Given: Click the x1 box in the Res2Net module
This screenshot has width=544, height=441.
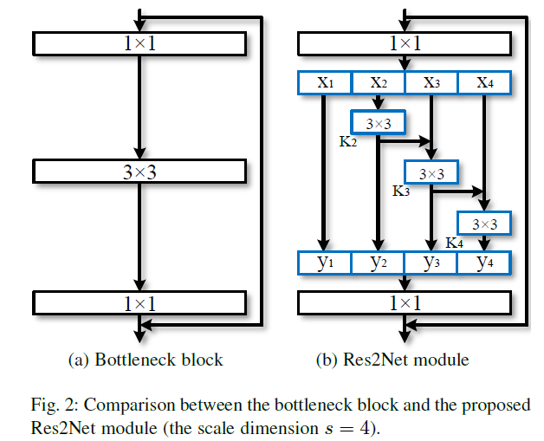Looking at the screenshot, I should pos(324,82).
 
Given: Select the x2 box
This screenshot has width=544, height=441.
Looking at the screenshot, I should pos(378,82).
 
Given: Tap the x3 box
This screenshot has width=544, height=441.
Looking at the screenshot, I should pos(431,82).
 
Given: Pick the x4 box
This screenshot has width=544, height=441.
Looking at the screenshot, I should pos(485,82).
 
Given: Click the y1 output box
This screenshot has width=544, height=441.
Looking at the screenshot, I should pos(324,263).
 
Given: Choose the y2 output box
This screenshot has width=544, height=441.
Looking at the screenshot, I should pos(378,263).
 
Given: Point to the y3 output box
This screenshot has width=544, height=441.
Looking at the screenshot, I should pos(431,263).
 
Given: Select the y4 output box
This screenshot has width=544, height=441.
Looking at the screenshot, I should pos(485,263).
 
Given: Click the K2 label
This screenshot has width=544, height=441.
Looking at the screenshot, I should pos(348,141).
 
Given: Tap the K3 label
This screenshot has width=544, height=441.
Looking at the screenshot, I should pos(401,191).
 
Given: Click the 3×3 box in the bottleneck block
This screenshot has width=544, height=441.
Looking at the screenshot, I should pos(139,172).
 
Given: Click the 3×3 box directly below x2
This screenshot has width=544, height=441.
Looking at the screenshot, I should pos(378,123).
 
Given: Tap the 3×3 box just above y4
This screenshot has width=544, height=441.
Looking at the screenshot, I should pos(485,224).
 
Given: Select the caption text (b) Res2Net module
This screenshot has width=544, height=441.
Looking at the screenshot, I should pos(405,359).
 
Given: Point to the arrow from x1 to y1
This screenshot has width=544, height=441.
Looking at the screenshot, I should pos(324,173).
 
